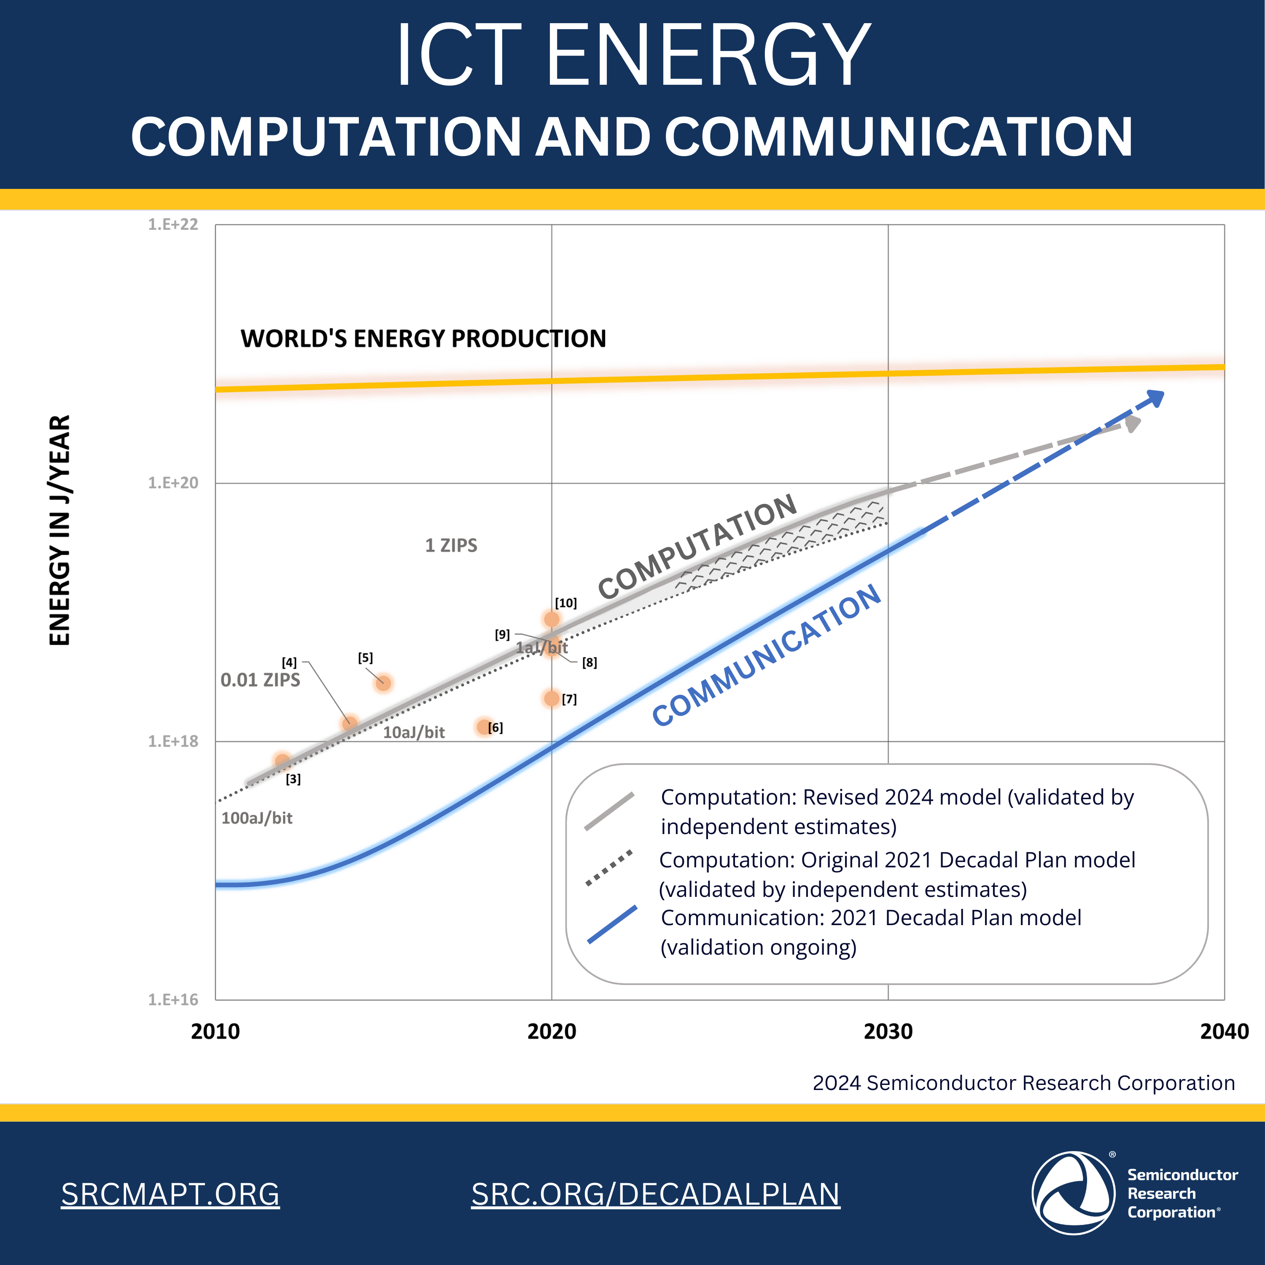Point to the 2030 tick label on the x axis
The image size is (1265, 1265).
point(888,1032)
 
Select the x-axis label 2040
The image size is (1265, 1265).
point(1224,1032)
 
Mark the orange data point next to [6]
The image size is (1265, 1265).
point(484,727)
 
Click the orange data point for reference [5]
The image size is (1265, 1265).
point(383,683)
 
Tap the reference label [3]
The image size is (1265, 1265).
point(293,779)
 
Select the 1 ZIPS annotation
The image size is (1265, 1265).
point(451,545)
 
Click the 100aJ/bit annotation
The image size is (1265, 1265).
point(257,818)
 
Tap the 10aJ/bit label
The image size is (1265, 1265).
point(414,733)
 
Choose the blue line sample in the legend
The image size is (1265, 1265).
point(611,925)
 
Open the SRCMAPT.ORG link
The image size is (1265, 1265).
point(170,1194)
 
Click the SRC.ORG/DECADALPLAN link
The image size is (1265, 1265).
point(655,1194)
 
